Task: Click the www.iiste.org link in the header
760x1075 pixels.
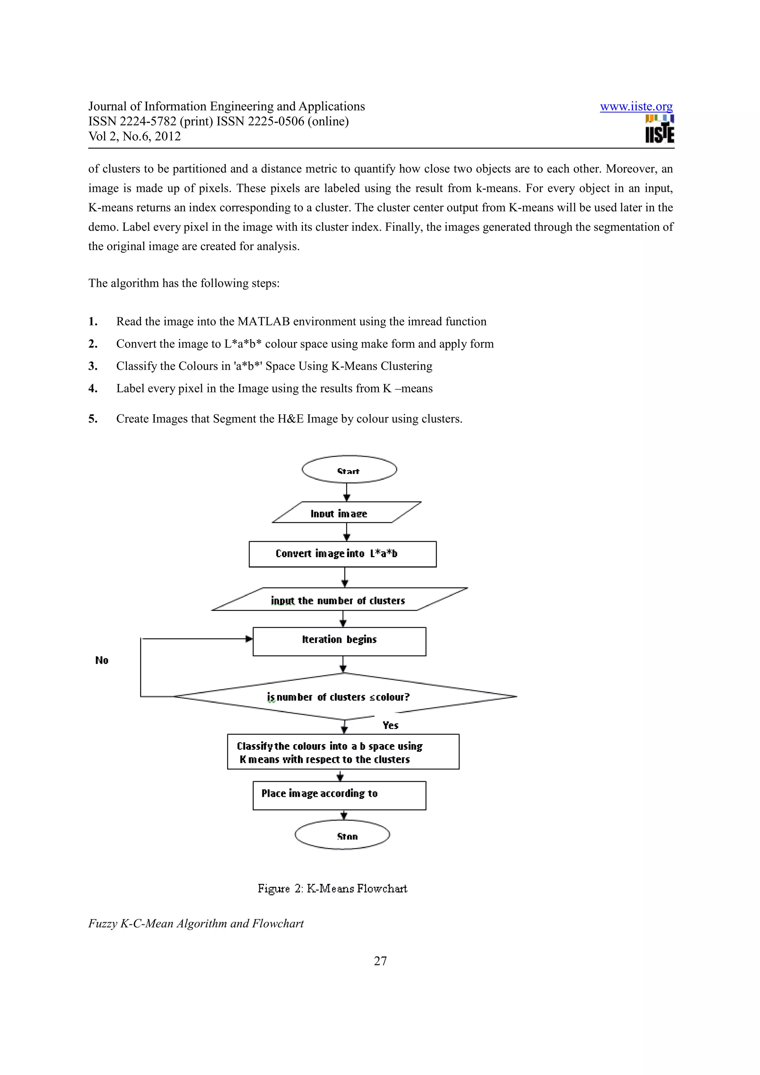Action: (636, 107)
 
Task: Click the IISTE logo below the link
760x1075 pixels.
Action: (659, 129)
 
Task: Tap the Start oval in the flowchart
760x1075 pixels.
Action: (349, 470)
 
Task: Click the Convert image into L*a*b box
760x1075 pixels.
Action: (342, 554)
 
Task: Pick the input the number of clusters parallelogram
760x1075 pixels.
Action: (339, 600)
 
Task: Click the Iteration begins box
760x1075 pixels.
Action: (339, 641)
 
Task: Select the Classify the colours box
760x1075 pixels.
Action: (343, 752)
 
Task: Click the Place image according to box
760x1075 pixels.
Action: (339, 795)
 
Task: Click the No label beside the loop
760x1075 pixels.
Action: (102, 660)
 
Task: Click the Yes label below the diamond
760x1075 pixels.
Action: (390, 725)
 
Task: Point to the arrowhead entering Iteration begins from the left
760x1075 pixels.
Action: (249, 639)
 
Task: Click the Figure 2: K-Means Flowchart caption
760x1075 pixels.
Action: (332, 888)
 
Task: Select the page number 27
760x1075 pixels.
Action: (380, 961)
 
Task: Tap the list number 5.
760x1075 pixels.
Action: (93, 418)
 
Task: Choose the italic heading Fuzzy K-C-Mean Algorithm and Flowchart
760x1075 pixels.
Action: (196, 923)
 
